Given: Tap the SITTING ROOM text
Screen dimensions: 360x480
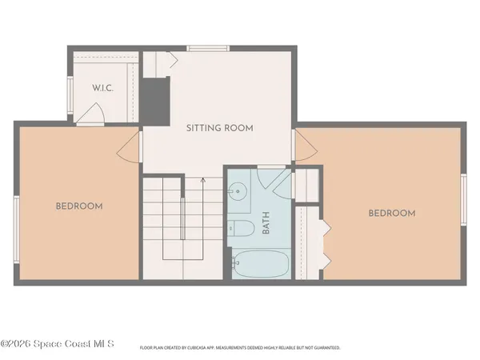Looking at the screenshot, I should [219, 128].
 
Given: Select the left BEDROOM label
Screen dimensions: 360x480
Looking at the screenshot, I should [79, 206].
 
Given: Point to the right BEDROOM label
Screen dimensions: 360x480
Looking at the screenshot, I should [391, 213].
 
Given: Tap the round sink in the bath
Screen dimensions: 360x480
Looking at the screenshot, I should [238, 192].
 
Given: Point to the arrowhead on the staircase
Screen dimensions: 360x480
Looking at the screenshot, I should [202, 180].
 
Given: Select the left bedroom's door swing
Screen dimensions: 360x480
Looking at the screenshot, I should [130, 146].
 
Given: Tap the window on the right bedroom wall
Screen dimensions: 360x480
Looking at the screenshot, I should [463, 196].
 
